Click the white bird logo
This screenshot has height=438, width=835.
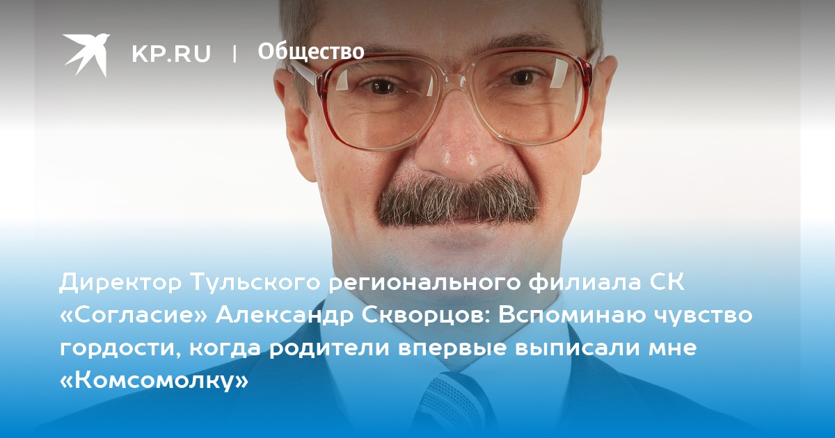tap(86, 54)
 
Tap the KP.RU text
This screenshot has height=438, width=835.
tap(171, 54)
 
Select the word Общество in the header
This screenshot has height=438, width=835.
tap(311, 51)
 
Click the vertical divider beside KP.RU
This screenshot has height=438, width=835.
tap(234, 54)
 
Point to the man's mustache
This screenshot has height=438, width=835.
tap(459, 201)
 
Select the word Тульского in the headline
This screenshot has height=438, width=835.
tap(256, 283)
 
